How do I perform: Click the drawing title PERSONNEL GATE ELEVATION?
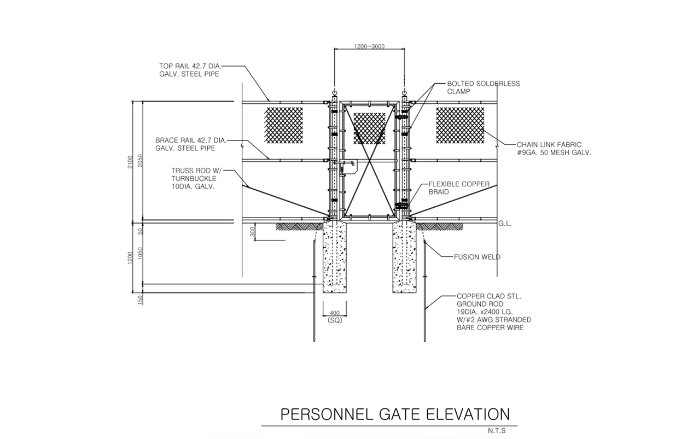pos(395,414)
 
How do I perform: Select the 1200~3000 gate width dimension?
pos(369,46)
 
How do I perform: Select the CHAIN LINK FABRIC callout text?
pos(553,148)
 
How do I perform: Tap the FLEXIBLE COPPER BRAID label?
pos(458,189)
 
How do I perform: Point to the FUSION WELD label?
pos(476,256)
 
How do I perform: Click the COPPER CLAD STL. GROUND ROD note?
pos(493,312)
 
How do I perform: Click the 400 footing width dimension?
pos(334,313)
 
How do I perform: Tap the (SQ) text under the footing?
pos(334,321)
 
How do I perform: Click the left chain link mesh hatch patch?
pos(284,125)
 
